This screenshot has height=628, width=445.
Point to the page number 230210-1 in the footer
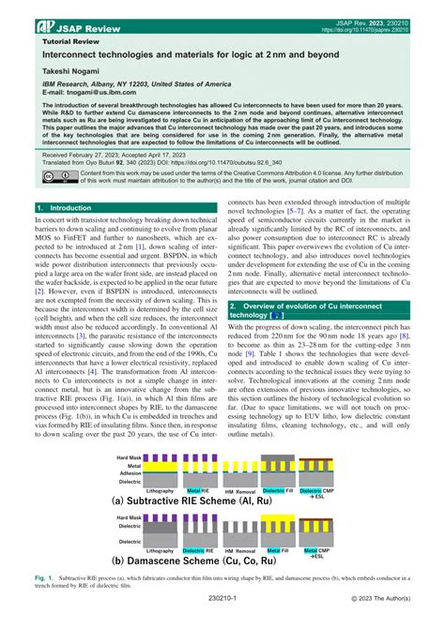(222, 619)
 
